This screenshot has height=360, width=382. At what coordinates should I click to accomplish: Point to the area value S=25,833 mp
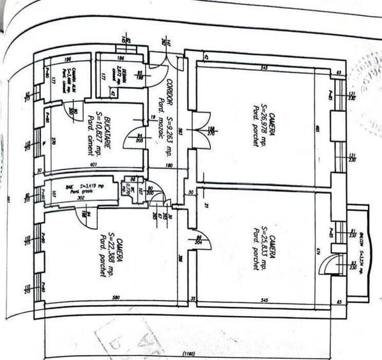click(x=263, y=249)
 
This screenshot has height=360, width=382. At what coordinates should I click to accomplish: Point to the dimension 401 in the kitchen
click(x=93, y=165)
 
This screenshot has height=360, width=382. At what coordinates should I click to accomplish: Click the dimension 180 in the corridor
click(x=169, y=166)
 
